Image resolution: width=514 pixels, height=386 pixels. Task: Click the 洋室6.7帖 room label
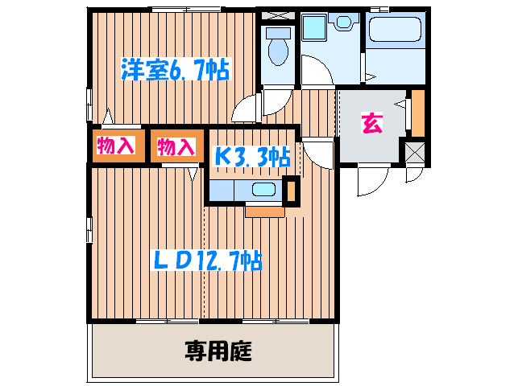(176, 70)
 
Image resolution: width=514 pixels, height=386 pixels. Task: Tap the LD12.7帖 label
(208, 261)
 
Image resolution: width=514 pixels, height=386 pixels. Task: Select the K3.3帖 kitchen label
(251, 156)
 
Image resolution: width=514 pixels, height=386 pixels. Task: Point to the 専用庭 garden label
(218, 351)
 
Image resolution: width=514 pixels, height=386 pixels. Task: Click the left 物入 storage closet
(116, 146)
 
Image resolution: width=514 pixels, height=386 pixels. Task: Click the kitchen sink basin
(263, 191)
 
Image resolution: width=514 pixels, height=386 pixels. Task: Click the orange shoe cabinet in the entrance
(417, 113)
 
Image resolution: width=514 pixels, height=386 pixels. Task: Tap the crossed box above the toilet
(279, 14)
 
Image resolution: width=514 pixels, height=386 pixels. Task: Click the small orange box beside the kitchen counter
(292, 189)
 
